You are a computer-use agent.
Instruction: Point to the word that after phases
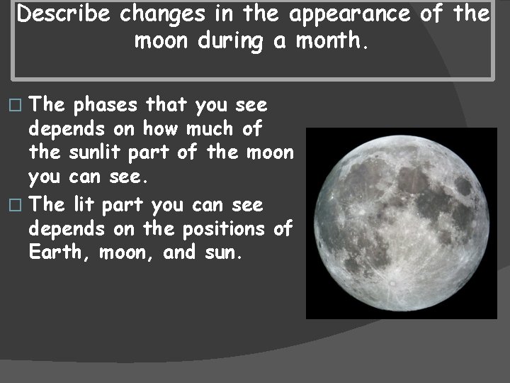[x=169, y=106]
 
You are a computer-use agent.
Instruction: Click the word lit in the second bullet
[x=85, y=206]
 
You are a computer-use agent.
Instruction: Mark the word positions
[x=226, y=229]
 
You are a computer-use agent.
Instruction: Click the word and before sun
[x=178, y=252]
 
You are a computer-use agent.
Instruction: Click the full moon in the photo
[x=401, y=223]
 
